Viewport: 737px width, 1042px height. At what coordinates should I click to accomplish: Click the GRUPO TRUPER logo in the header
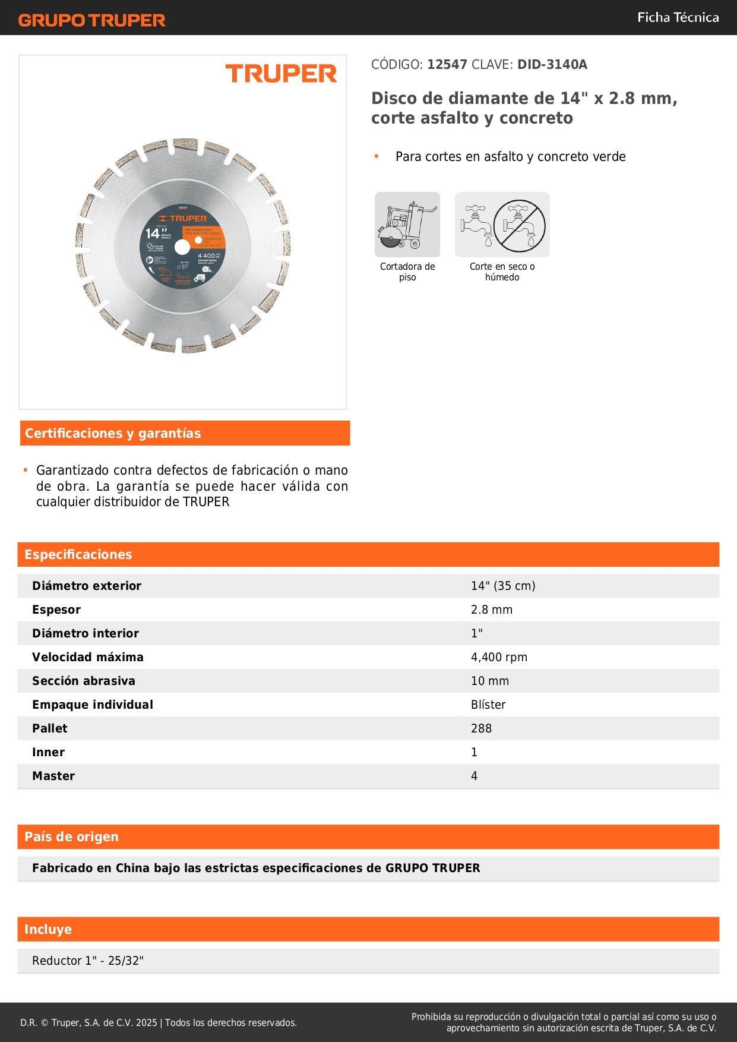pos(91,20)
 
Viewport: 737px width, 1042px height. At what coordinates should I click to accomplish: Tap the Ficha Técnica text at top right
pos(678,18)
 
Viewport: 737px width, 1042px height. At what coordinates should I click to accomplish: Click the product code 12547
pos(447,65)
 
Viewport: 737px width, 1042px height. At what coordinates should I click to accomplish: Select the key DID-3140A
pos(552,65)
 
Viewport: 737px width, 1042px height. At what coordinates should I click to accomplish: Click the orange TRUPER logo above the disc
pos(281,74)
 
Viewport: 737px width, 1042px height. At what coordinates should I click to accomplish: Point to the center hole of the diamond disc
pos(182,247)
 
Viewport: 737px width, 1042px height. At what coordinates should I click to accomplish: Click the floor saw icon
pos(407,225)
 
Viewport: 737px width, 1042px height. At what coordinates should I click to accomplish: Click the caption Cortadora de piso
pos(407,271)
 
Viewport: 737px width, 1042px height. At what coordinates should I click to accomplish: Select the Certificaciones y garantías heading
pos(113,434)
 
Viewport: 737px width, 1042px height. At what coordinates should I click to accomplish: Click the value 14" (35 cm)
pos(503,586)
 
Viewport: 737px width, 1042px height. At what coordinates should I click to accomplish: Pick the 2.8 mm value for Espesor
pos(491,610)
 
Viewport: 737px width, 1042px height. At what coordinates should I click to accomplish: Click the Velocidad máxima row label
pos(88,657)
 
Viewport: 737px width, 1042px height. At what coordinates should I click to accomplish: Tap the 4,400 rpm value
pos(499,657)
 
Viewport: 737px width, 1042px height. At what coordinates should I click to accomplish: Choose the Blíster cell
pos(488,705)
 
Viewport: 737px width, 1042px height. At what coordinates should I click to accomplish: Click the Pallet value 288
pos(481,728)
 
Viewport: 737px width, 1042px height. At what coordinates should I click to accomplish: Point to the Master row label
pos(53,776)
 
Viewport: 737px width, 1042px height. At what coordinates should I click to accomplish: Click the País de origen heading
pos(71,837)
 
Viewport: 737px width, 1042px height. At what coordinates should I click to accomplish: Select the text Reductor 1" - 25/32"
pos(88,961)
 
